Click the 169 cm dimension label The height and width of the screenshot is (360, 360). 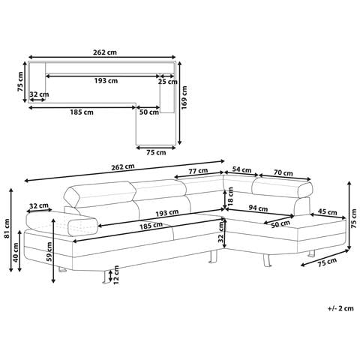point(184,97)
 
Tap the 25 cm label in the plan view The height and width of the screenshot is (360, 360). point(167,82)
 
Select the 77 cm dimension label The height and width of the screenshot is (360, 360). point(198,171)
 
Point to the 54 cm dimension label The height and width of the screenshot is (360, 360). point(241,169)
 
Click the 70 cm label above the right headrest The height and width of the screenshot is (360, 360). point(283,172)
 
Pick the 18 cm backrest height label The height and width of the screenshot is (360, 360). point(230,196)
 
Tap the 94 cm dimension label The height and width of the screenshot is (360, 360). point(258,208)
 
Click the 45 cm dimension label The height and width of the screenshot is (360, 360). point(327,212)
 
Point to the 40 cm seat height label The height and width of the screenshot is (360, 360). point(16,252)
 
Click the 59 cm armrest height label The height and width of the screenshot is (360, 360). point(49,252)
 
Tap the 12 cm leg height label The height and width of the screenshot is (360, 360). point(116,275)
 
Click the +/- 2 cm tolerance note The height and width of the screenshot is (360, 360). point(340,308)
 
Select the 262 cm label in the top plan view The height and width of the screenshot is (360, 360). point(105,52)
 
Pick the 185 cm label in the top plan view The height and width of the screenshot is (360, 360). point(82,112)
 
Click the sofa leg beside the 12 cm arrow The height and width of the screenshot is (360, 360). point(105,277)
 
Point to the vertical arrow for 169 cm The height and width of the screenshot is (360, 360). point(179,103)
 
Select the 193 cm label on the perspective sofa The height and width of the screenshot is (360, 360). point(167,213)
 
